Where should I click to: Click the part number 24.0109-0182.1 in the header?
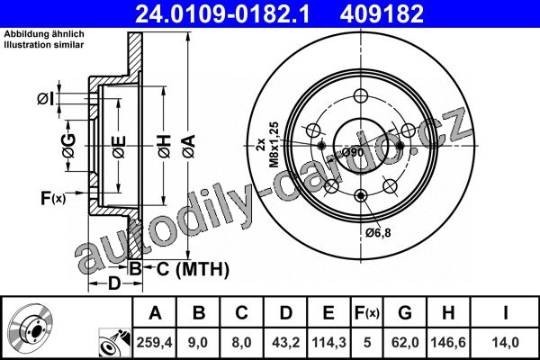point(222,14)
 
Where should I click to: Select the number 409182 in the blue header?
point(382,14)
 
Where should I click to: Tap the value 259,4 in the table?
point(154,342)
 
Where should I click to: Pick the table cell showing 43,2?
point(285,342)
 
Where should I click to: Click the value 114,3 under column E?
point(328,342)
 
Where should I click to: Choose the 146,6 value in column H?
point(448,342)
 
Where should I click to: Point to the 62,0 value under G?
point(405,342)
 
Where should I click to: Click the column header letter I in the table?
point(505,313)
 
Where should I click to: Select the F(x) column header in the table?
point(367,313)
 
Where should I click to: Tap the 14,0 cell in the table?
point(505,342)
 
